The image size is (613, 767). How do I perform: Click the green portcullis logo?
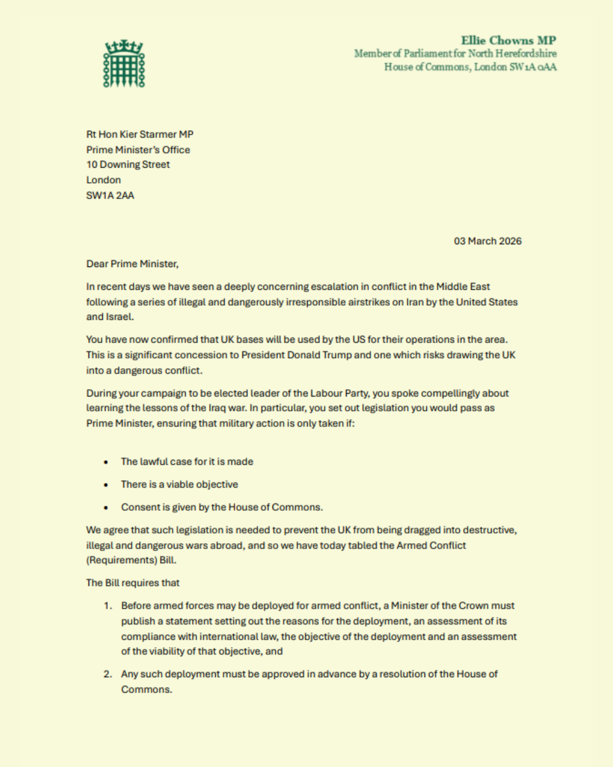(x=124, y=64)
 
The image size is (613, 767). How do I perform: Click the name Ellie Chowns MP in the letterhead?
(x=508, y=40)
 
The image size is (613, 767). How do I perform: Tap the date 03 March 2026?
(x=487, y=241)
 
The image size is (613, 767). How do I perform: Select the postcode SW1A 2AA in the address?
(x=110, y=195)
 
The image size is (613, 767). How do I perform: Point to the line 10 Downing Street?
(x=128, y=165)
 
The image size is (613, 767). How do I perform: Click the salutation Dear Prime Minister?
(x=132, y=264)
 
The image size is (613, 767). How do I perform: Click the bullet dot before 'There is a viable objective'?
(x=106, y=485)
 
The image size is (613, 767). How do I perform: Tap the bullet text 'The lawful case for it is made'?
(x=187, y=462)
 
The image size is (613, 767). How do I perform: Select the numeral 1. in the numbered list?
(x=108, y=606)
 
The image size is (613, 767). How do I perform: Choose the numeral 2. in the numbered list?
(x=108, y=674)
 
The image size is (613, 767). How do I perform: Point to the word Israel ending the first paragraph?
(x=119, y=317)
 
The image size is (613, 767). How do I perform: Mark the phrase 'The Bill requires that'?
(x=132, y=583)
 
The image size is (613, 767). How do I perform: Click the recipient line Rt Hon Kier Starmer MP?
(x=140, y=135)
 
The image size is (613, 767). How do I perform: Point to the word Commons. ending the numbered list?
(x=146, y=690)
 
